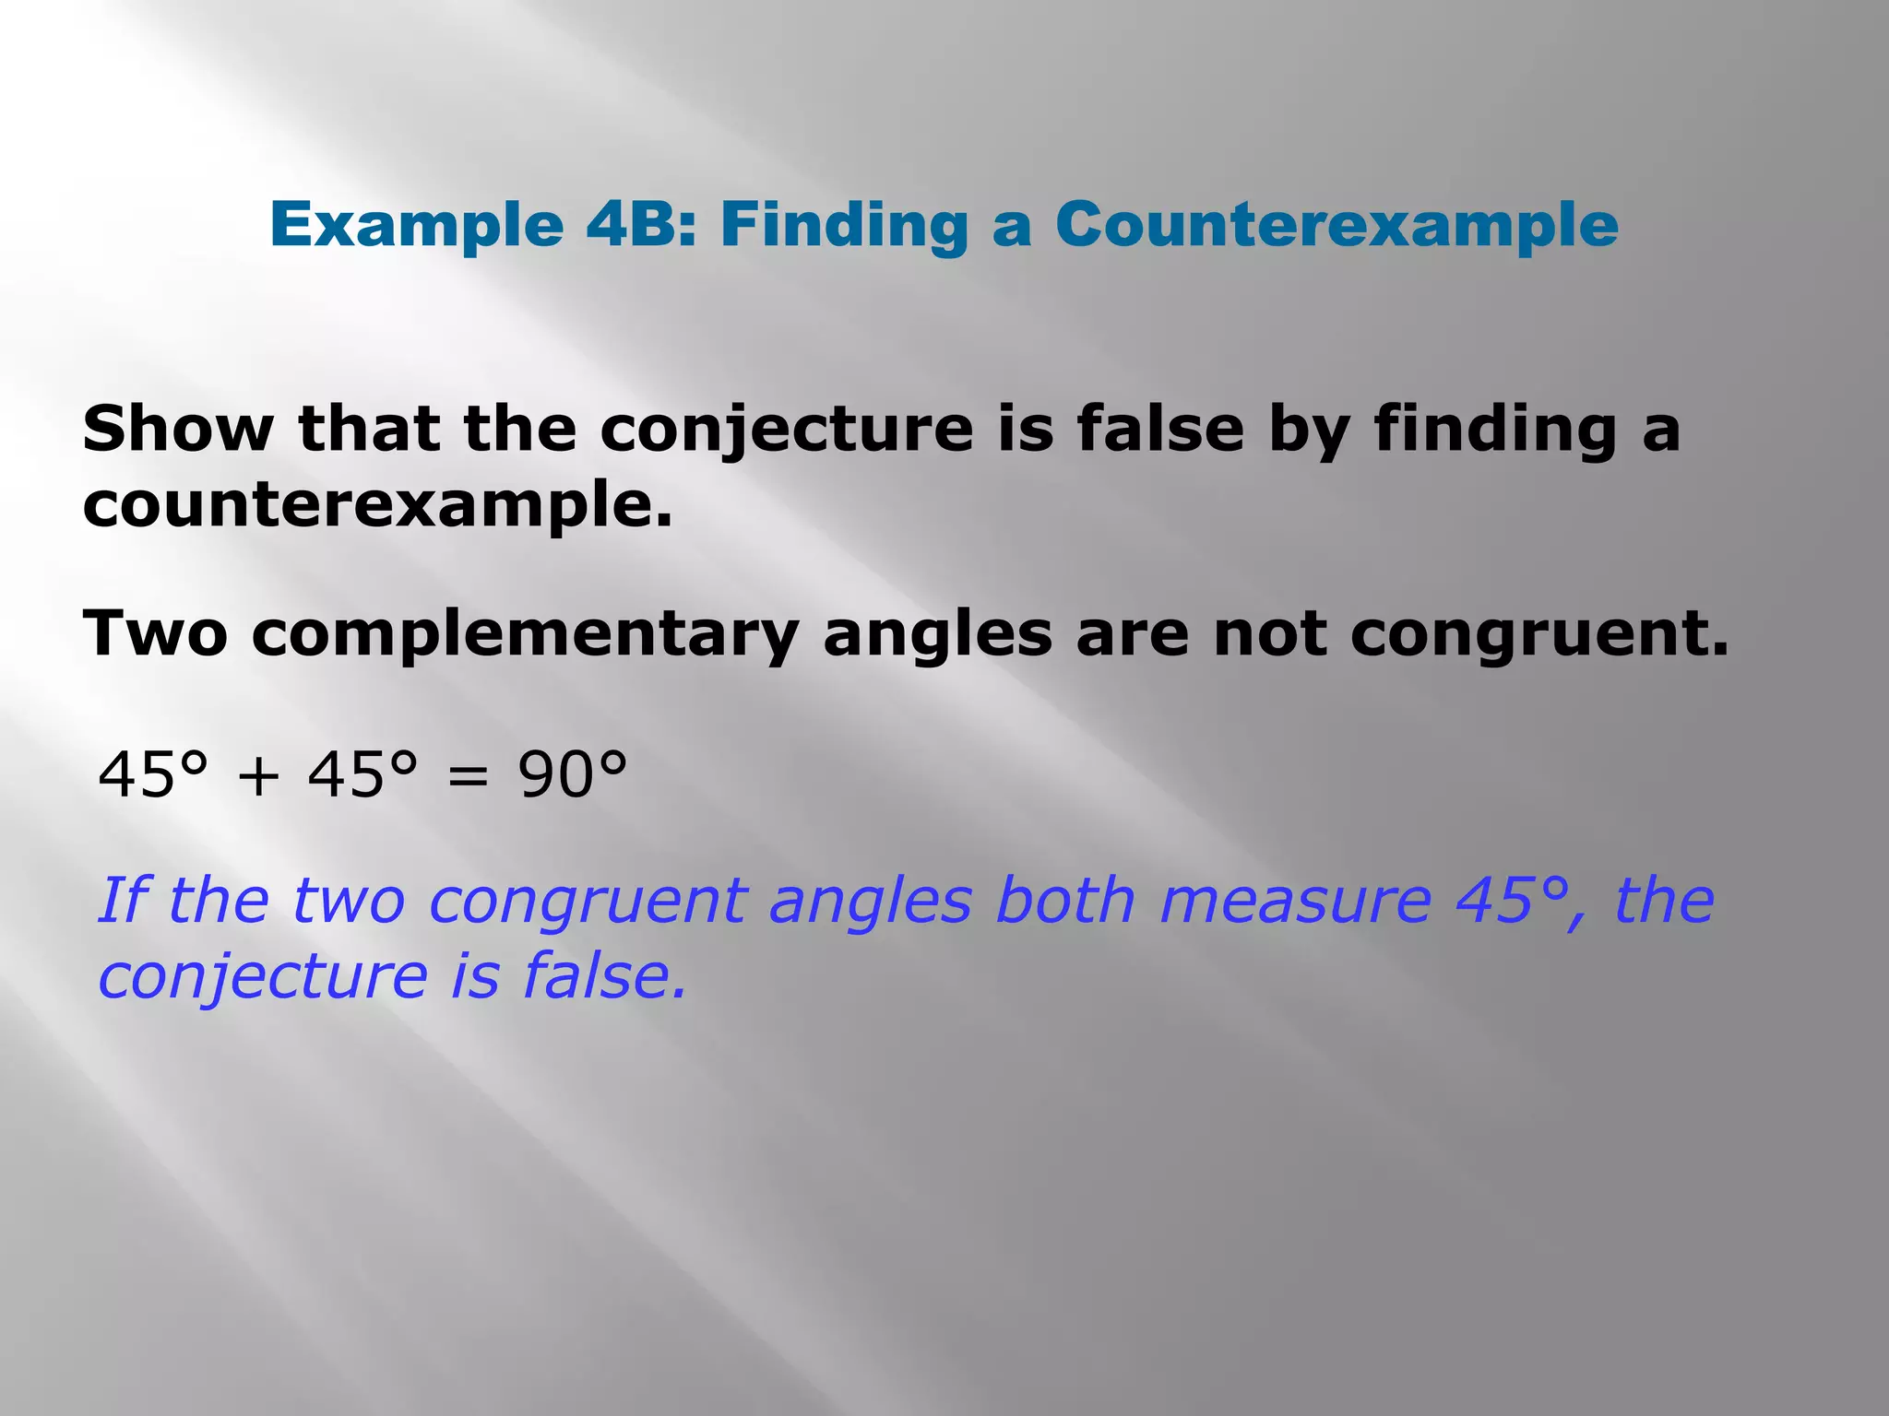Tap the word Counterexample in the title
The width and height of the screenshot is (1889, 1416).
pyautogui.click(x=1337, y=226)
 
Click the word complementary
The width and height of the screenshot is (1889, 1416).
pyautogui.click(x=525, y=636)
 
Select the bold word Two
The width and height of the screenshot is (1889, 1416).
pyautogui.click(x=155, y=634)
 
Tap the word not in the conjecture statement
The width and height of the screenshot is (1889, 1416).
pyautogui.click(x=1270, y=634)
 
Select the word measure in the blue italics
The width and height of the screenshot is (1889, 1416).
pyautogui.click(x=1295, y=901)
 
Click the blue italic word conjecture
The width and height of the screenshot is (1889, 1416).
pyautogui.click(x=263, y=977)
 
